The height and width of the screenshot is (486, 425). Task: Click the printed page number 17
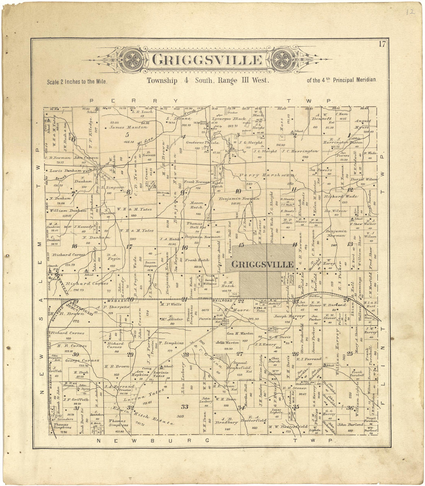pos(382,44)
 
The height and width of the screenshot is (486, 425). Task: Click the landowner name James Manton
pos(127,127)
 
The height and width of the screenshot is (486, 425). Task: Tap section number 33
pos(185,406)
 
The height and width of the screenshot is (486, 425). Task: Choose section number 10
pos(238,191)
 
